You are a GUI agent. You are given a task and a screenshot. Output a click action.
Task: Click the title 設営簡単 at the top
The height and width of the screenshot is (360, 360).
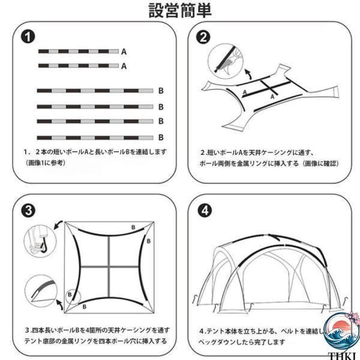180,11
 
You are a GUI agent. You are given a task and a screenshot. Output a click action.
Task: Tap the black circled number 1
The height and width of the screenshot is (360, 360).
28,37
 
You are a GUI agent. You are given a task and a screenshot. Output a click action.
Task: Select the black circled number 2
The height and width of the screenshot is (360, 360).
203,37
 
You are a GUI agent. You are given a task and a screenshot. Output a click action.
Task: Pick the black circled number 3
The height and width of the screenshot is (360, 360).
28,210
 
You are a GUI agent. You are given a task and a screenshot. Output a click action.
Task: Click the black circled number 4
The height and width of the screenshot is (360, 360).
205,211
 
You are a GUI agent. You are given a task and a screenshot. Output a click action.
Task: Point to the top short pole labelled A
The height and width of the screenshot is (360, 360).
78,52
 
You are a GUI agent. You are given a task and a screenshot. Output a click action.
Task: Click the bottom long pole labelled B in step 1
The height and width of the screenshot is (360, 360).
95,138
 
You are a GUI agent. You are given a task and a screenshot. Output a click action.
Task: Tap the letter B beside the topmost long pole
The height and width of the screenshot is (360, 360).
161,91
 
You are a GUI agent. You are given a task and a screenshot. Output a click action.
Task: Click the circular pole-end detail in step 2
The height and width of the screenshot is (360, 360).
226,59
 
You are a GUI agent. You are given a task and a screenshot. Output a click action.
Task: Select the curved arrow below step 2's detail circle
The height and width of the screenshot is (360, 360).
247,74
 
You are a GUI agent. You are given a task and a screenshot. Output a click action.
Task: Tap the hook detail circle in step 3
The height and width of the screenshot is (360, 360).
40,242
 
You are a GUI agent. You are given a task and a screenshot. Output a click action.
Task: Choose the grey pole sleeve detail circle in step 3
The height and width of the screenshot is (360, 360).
41,291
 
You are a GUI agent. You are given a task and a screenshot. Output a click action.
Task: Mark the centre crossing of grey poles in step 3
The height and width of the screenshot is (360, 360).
109,267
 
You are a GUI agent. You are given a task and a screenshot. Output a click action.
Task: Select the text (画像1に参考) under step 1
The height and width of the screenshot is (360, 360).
45,163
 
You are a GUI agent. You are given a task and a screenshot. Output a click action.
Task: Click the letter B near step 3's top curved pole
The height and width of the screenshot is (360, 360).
133,227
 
